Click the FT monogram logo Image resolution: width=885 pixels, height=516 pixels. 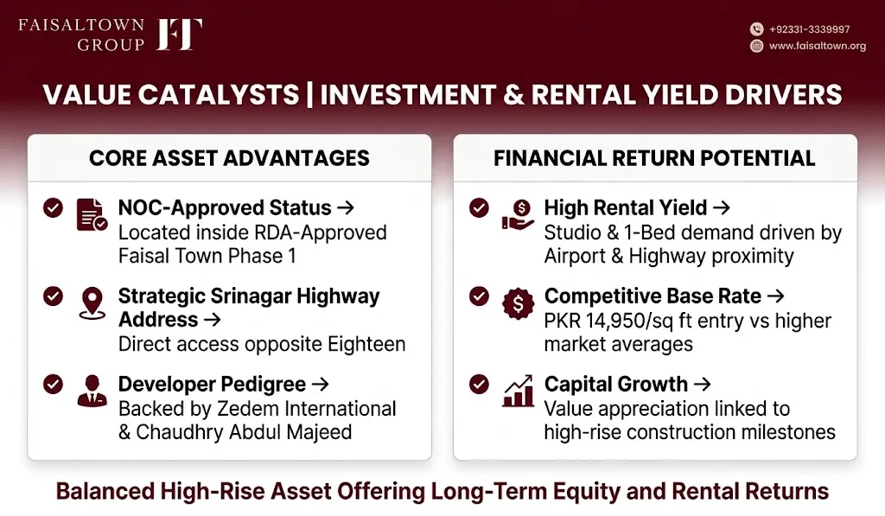pos(179,34)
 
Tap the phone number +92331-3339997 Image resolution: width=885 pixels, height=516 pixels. pos(809,29)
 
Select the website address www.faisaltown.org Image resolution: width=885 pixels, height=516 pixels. pos(818,46)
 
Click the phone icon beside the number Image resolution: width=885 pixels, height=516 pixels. pos(757,29)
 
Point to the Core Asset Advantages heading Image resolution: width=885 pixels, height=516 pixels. pos(229,158)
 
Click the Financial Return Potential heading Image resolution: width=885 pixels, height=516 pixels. pos(654,158)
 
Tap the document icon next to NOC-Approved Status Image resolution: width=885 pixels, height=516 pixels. pos(92,215)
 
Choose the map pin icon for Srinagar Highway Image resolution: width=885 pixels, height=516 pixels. pos(92,303)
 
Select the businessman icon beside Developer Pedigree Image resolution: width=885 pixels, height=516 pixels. pos(92,391)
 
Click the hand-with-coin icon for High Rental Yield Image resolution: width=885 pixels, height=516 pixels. pos(518,215)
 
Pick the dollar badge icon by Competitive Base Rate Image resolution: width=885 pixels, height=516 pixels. pos(518,303)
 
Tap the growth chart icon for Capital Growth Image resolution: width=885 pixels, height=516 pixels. pos(518,391)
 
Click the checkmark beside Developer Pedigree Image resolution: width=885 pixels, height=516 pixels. pos(53,385)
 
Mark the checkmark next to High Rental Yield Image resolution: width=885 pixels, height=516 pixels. pos(479,207)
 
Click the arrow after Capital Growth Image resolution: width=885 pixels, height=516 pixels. pos(702,385)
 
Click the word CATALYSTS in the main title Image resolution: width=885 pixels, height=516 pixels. pos(219,94)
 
